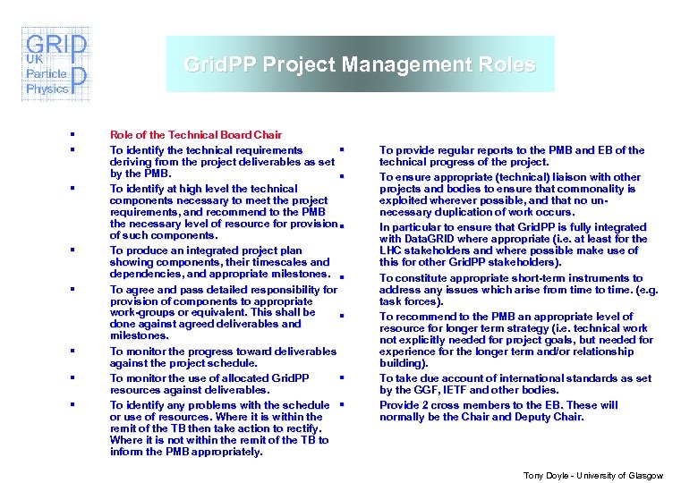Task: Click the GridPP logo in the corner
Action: pos(55,63)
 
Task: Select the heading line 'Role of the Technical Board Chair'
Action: pos(195,135)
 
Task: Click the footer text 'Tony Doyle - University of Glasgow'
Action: pos(593,475)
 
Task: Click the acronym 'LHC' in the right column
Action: pos(391,250)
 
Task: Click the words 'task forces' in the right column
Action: pos(407,301)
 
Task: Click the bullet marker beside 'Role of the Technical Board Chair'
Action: pos(70,135)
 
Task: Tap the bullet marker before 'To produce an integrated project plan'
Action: pos(70,250)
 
